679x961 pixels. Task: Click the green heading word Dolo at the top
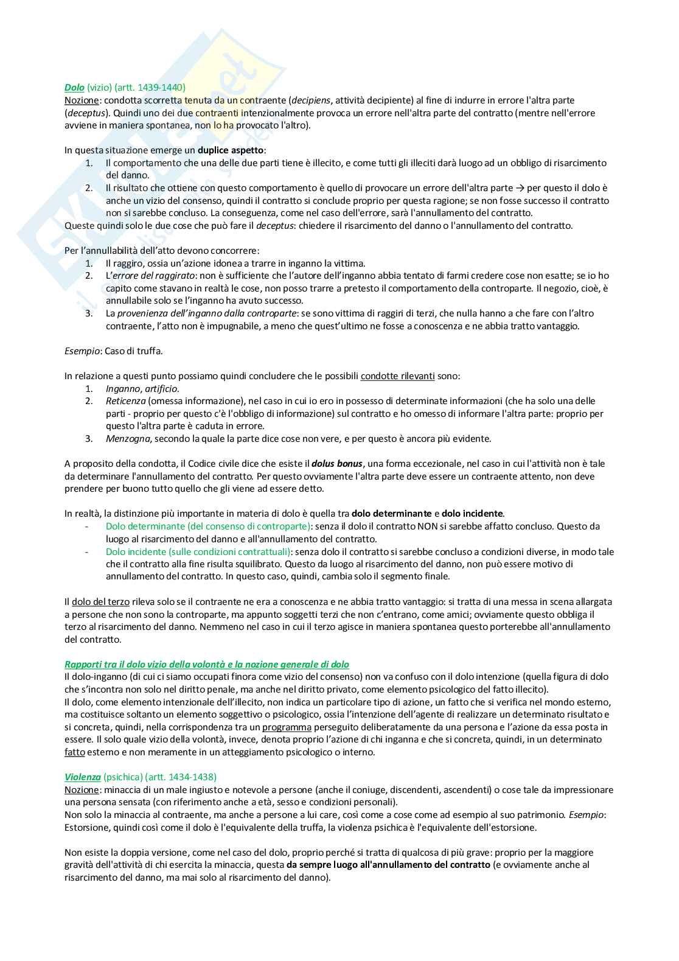click(74, 88)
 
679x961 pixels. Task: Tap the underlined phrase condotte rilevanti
click(397, 376)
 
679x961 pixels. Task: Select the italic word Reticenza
click(125, 401)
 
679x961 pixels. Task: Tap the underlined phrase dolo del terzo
click(100, 602)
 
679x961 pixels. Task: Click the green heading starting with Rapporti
click(207, 665)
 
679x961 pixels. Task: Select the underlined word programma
click(287, 727)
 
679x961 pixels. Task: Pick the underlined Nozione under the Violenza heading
click(82, 790)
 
